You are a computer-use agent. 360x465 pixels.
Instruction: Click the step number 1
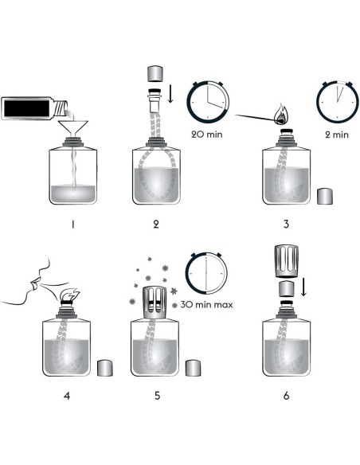pos(73,225)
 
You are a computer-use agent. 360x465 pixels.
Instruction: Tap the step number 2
pos(156,225)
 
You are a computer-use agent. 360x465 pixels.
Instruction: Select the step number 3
pos(286,224)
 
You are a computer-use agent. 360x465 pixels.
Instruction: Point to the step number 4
pos(67,396)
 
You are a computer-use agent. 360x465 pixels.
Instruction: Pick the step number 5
pos(157,396)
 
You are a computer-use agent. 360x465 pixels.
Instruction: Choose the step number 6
pos(286,396)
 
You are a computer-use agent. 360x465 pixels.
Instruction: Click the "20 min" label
pos(207,135)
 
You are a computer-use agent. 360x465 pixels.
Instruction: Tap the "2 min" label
pos(337,135)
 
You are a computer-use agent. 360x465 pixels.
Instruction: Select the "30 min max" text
pos(207,305)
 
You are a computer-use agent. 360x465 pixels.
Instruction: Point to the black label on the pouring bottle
pos(27,108)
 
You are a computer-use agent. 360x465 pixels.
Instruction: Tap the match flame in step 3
pos(280,115)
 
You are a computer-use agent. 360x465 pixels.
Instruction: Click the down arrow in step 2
pos(170,93)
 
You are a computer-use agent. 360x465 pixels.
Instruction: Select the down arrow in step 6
pos(303,287)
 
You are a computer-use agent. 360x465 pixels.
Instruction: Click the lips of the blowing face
pos(33,283)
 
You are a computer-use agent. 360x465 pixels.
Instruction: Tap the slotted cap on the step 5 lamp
pos(155,303)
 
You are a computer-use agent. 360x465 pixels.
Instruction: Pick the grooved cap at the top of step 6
pos(286,261)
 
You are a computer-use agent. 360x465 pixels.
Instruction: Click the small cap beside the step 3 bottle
pos(325,196)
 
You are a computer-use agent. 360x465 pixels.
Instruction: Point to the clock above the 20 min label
pos(208,101)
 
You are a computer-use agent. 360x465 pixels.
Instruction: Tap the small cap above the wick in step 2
pos(155,74)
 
